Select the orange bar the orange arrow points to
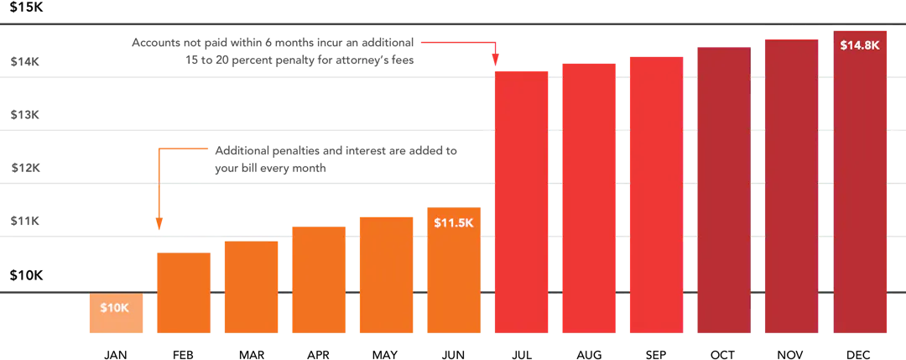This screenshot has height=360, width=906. pos(184,294)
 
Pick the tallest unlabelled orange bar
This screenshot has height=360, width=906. pos(386,277)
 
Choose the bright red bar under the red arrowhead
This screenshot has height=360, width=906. pos(521,201)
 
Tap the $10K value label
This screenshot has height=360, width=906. pos(115,308)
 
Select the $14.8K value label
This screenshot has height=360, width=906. pos(859,45)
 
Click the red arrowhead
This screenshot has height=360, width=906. pos(496,60)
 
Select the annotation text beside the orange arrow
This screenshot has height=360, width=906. pos(336,160)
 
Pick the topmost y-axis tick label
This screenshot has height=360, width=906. pos(23,60)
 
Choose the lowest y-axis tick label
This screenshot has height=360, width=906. pos(23,222)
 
